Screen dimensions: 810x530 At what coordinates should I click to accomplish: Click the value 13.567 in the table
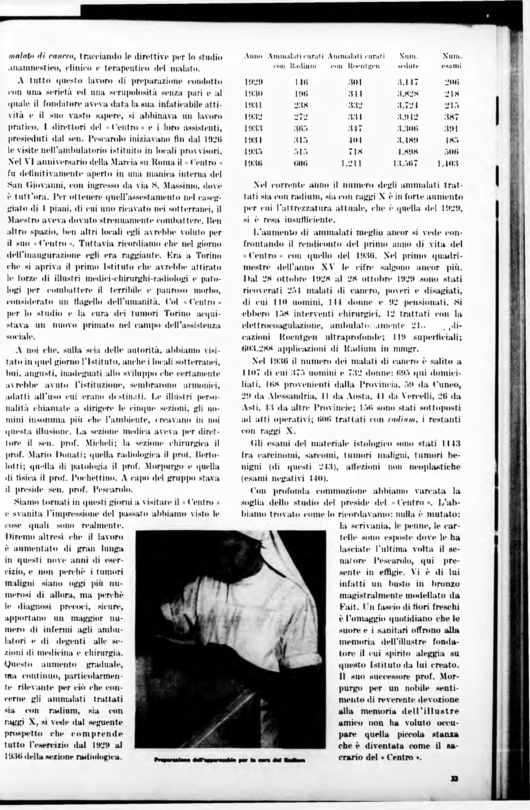pos(405,163)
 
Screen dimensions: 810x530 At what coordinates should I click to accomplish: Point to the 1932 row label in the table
pos(254,117)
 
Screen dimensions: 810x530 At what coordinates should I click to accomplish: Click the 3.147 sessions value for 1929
pos(408,82)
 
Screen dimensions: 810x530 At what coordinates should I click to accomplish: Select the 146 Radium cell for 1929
pos(301,82)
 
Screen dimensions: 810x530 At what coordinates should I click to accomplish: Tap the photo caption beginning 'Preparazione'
pos(229,760)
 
